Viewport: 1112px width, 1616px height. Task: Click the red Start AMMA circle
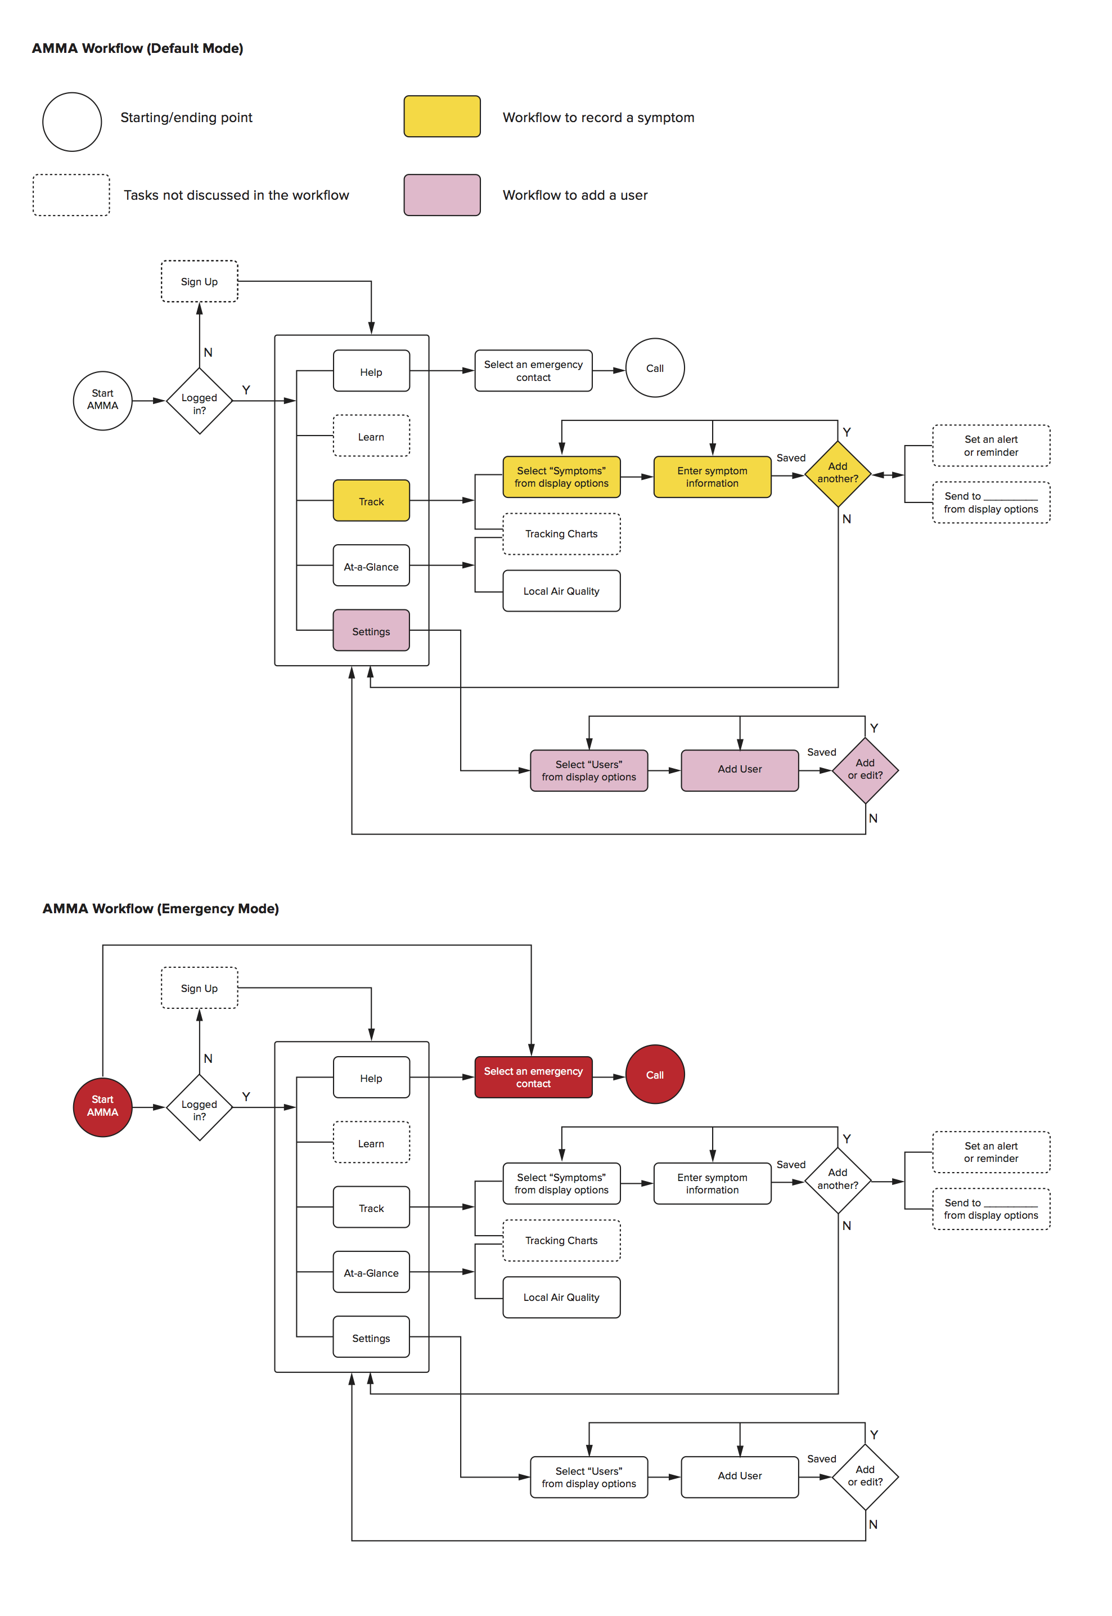(x=102, y=1107)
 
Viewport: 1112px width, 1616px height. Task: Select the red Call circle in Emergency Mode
(x=654, y=1075)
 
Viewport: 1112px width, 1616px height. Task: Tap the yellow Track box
(x=371, y=501)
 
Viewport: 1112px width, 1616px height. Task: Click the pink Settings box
(x=371, y=631)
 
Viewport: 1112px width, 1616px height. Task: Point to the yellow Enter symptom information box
(x=712, y=477)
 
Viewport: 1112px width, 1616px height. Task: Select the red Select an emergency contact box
(x=533, y=1078)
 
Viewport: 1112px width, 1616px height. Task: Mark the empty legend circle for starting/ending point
(x=72, y=122)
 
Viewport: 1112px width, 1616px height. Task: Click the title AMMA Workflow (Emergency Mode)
(x=160, y=909)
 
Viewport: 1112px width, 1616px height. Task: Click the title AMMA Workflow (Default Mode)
(x=137, y=48)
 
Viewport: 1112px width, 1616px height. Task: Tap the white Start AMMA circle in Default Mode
(x=102, y=400)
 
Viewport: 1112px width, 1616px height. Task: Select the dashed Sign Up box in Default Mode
(x=199, y=281)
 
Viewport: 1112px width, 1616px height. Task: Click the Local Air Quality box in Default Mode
(x=561, y=591)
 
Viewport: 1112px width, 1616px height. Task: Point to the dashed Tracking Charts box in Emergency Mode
(x=561, y=1240)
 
